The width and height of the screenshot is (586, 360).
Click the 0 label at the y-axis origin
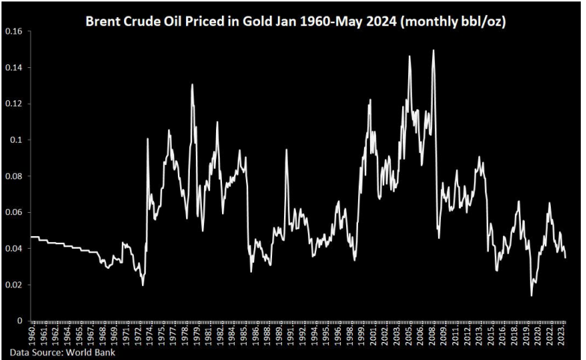[22, 321]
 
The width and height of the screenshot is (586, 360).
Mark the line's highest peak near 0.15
[434, 51]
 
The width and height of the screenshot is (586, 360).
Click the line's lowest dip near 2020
[531, 295]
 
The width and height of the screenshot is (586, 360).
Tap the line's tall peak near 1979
[192, 84]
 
